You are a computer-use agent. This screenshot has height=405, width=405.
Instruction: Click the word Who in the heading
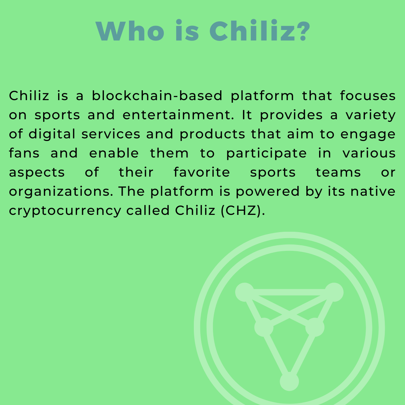(130, 31)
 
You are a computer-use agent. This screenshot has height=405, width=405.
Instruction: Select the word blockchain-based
(157, 96)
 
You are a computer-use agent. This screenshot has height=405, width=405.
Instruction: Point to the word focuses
(367, 96)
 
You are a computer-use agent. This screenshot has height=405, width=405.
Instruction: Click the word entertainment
(178, 115)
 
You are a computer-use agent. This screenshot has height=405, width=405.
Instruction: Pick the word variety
(370, 115)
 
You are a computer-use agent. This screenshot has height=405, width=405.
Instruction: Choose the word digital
(52, 134)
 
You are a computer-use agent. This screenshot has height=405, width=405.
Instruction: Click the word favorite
(201, 172)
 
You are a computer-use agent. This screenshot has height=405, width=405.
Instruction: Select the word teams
(338, 172)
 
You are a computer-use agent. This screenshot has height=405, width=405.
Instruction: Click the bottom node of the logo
(289, 381)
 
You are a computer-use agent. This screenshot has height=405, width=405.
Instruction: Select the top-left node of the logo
(244, 292)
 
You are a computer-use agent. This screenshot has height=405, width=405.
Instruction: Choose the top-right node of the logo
(334, 292)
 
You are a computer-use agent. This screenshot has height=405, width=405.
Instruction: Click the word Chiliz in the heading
(252, 31)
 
